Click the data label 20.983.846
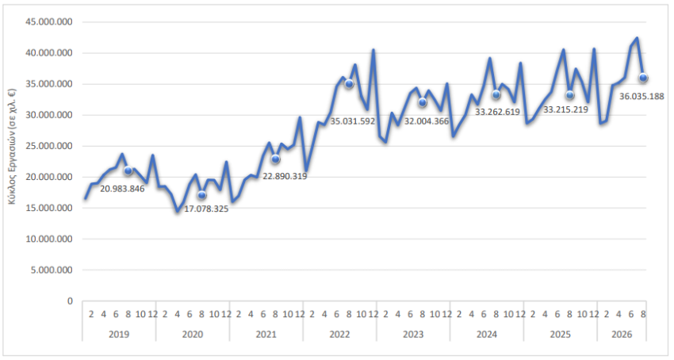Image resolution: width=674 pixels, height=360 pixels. point(122,189)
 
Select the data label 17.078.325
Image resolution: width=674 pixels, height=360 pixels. point(206,209)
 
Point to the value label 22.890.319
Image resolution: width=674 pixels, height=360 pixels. point(285,176)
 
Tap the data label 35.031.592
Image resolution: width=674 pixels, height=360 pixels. point(353,122)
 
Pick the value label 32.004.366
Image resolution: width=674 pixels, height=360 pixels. point(427,121)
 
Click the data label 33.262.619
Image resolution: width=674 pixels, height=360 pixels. point(497,112)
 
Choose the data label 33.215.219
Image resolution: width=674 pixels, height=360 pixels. point(565,109)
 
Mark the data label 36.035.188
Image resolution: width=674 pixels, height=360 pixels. point(641,97)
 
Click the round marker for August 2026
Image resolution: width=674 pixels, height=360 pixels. point(643,78)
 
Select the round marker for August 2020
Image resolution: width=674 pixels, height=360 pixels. point(201,195)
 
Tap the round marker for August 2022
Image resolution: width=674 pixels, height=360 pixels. point(349,84)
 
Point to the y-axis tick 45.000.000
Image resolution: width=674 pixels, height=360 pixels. point(49,22)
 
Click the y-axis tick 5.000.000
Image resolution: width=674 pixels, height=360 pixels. point(52,270)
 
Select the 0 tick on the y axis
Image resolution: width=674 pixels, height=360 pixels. point(70,301)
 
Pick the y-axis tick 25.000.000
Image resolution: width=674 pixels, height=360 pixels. point(49,146)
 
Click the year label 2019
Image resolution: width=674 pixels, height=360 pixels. point(119,334)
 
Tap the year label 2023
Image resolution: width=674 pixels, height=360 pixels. point(413,334)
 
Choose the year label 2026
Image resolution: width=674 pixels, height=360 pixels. point(622,334)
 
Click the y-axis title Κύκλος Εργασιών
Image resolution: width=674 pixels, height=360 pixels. point(12,146)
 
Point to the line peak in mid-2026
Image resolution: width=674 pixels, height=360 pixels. point(637,38)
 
